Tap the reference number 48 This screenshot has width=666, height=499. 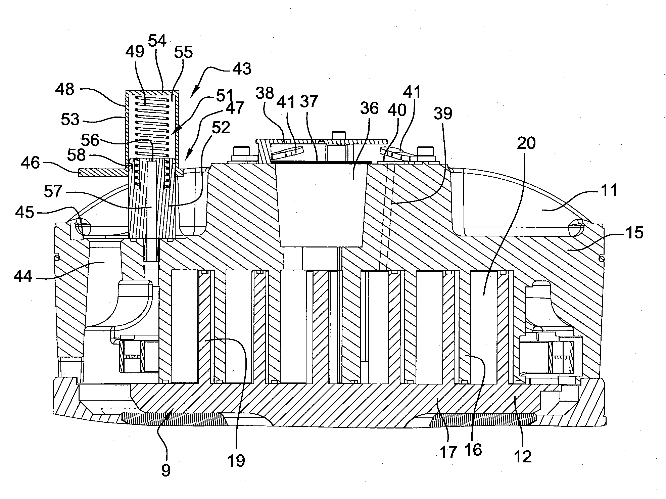(65, 89)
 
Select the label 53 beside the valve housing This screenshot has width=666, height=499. (70, 119)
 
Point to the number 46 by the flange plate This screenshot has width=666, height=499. (30, 163)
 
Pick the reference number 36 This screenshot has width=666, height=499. (369, 108)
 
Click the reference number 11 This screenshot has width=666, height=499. (609, 190)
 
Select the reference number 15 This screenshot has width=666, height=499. (634, 232)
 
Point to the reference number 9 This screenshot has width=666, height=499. (166, 470)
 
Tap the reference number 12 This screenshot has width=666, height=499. (523, 456)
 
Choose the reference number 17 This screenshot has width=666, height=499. (448, 452)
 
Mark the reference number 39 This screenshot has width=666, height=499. (443, 114)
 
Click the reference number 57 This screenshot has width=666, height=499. (53, 191)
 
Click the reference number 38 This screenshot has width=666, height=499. (265, 93)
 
